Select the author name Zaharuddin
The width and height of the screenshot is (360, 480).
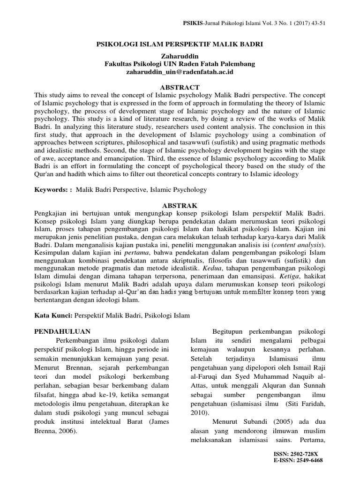point(180,56)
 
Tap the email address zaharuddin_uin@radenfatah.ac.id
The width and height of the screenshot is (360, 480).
point(180,72)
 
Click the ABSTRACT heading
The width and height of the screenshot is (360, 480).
point(180,87)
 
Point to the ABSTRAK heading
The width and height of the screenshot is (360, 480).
point(180,205)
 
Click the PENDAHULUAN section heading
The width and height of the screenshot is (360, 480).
point(62,331)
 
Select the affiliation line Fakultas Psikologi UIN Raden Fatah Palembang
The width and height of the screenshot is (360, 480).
point(180,64)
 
